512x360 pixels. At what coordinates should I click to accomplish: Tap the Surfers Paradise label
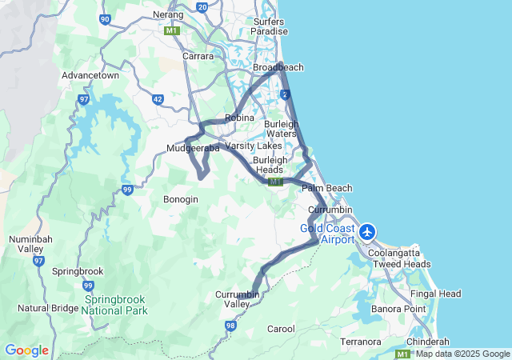270,26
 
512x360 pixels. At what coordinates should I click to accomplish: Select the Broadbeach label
278,68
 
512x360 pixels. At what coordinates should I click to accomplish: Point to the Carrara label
198,57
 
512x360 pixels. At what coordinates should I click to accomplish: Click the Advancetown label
90,76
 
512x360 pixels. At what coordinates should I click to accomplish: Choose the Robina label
239,118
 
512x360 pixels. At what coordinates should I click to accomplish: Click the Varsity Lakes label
254,146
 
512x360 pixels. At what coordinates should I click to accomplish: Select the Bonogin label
180,199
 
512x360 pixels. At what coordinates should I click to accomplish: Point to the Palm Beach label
327,188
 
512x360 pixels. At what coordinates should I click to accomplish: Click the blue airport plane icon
367,232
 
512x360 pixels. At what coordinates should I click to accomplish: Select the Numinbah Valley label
30,244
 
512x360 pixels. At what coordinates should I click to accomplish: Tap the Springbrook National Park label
114,305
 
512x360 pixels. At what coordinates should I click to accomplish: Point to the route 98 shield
230,326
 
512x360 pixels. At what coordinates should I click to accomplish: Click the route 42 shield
158,99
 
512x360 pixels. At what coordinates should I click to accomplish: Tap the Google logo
26,350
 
